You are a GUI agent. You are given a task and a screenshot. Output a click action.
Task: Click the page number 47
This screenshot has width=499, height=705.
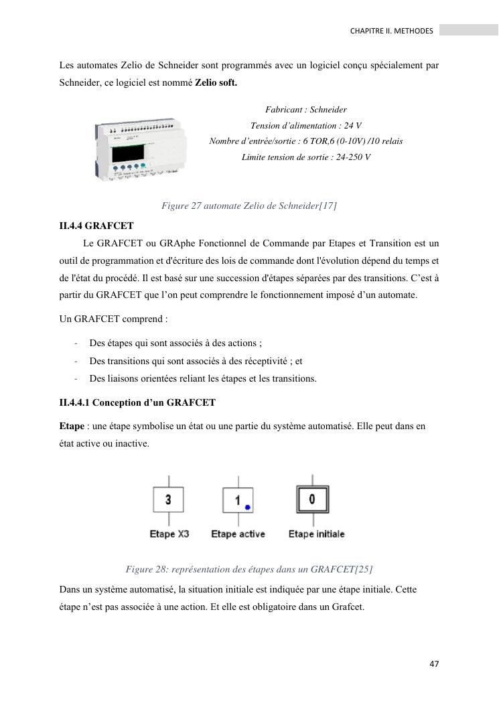click(434, 663)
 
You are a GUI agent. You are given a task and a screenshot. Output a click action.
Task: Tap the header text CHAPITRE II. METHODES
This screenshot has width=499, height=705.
click(392, 31)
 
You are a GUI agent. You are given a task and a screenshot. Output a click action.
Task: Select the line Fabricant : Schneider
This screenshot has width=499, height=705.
click(305, 109)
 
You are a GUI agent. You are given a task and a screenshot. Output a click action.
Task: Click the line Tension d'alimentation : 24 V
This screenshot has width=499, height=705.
click(305, 125)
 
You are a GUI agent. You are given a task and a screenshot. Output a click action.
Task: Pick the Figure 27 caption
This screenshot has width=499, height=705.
click(248, 206)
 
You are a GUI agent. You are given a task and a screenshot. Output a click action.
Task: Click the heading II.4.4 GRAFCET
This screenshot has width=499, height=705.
click(96, 226)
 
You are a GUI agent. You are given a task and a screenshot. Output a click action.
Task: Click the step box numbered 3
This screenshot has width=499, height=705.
click(168, 499)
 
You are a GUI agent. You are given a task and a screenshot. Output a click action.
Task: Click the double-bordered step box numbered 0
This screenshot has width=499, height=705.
click(312, 499)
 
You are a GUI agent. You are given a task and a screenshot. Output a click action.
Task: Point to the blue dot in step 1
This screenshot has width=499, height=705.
click(247, 507)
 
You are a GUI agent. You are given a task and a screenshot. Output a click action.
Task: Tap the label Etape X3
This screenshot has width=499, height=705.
click(168, 534)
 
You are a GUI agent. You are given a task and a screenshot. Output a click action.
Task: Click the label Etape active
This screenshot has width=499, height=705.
click(238, 534)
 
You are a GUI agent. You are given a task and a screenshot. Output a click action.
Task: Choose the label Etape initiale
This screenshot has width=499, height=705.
click(316, 534)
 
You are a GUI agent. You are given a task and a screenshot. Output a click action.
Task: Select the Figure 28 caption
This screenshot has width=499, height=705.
click(248, 569)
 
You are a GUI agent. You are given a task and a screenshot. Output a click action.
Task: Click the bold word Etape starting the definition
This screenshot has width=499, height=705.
click(72, 426)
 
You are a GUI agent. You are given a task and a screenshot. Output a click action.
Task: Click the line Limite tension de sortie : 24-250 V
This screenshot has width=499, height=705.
click(305, 157)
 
